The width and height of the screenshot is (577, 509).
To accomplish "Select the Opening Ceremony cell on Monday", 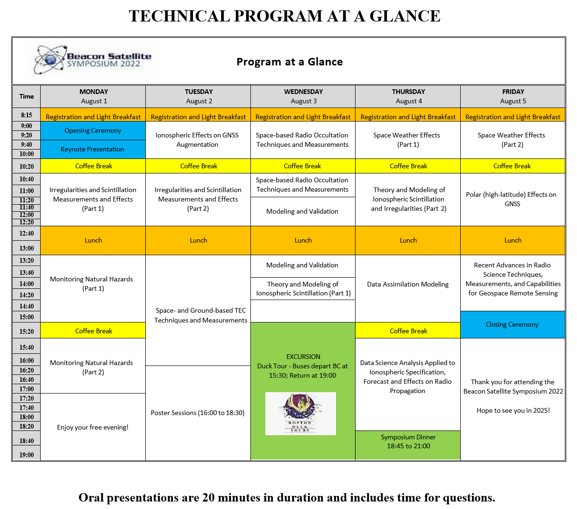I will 93,130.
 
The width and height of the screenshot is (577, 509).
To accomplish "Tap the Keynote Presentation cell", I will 93,149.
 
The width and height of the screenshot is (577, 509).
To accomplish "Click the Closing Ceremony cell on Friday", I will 512,324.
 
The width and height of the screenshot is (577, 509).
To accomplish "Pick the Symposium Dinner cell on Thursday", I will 408,442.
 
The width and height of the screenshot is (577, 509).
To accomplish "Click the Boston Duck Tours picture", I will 300,414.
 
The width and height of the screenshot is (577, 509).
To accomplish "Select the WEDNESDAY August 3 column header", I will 303,96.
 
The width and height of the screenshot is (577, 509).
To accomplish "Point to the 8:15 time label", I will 27,115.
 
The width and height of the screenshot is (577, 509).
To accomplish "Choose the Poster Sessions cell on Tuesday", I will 198,413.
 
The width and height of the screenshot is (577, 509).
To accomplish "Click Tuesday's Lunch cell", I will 198,240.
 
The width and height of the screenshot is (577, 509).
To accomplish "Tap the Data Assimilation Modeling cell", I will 408,284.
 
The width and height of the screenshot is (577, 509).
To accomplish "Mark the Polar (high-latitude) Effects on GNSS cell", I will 512,199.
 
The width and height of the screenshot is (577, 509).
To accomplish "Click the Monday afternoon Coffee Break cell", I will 93,331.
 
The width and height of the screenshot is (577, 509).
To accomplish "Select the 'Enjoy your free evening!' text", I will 93,427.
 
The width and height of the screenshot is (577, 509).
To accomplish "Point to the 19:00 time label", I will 27,455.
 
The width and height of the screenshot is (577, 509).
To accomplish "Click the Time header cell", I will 27,96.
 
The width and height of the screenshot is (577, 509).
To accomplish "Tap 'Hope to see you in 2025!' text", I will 513,410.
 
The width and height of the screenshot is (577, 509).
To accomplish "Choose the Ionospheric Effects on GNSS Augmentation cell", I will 197,140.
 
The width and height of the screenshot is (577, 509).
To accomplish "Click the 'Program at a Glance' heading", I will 290,62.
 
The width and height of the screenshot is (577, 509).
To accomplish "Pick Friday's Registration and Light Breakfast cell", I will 513,117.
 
